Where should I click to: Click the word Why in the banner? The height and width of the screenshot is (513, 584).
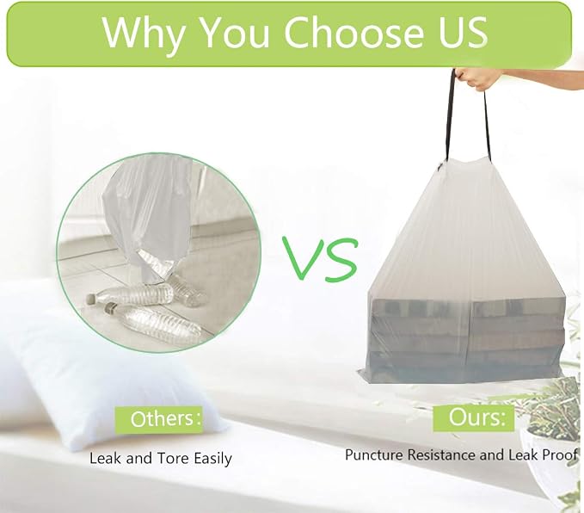coord(144,33)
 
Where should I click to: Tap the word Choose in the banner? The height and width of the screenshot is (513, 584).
coord(353,32)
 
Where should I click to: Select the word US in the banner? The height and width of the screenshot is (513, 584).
coord(463,32)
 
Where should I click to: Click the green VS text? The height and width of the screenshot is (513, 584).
coord(320,258)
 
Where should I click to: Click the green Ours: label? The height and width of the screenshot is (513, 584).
coord(473,417)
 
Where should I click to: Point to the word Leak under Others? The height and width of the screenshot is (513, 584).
coord(106,458)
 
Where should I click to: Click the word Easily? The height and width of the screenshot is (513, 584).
coord(212,459)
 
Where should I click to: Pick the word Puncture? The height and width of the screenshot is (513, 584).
coord(373,454)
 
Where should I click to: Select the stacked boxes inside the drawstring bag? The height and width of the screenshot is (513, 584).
coord(466,337)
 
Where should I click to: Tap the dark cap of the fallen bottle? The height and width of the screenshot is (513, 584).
coord(111,307)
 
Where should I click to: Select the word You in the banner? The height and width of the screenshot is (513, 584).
coord(234,33)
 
